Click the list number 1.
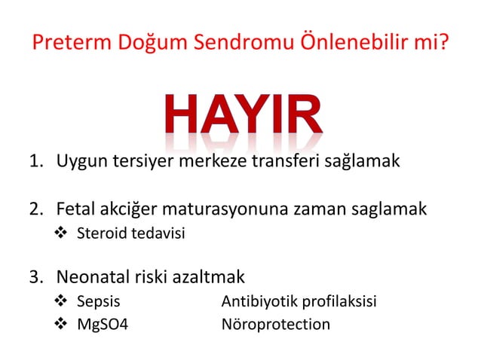[35, 161]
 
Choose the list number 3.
[35, 278]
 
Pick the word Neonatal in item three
[91, 278]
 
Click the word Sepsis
[98, 302]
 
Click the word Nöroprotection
[275, 325]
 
